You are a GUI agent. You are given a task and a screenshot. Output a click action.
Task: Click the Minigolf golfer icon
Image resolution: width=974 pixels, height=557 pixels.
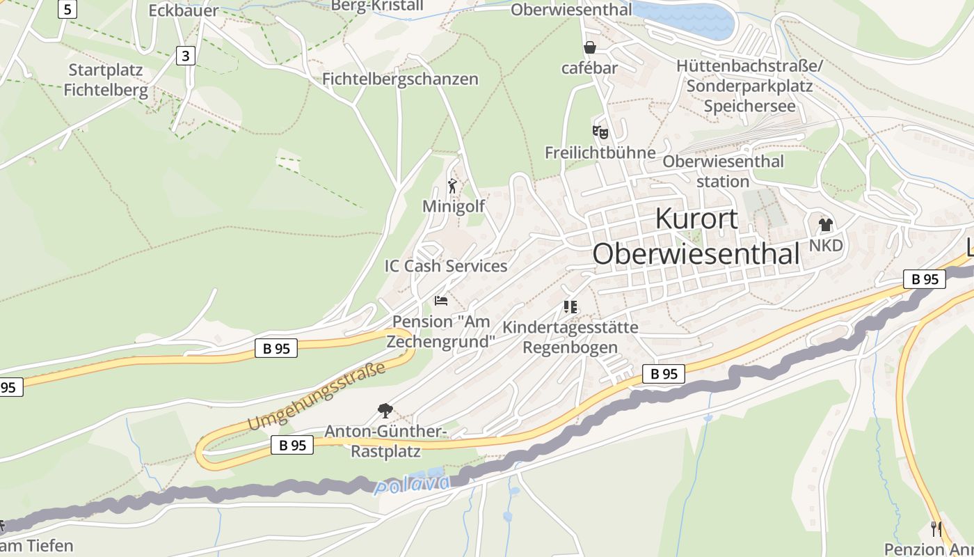point(453,186)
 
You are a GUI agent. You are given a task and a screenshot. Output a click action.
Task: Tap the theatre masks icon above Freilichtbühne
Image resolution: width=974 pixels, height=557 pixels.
point(600,132)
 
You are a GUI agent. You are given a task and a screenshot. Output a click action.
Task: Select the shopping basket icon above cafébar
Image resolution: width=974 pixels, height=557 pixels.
point(590,47)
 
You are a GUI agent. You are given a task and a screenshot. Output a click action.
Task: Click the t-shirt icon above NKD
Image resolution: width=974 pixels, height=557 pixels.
point(826,224)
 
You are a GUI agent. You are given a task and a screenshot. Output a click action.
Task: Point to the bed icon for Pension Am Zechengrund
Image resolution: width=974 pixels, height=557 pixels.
point(441,301)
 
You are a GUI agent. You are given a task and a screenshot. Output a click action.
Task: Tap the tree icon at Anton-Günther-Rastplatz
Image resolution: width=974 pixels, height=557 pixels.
point(384,410)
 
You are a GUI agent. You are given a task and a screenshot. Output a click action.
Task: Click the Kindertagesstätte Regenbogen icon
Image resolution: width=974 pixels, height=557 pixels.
point(570,306)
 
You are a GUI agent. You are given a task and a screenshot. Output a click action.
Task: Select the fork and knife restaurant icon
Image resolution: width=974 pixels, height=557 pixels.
point(936,529)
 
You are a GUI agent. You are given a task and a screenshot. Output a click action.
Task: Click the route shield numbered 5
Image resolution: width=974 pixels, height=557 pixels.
point(67,9)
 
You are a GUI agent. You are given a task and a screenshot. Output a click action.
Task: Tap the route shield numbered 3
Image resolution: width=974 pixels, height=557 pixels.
point(185,56)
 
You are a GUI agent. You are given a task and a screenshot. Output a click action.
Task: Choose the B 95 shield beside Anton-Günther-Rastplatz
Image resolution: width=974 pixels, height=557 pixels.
point(292,446)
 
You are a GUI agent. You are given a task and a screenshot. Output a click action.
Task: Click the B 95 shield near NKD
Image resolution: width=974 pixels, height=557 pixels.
point(925,279)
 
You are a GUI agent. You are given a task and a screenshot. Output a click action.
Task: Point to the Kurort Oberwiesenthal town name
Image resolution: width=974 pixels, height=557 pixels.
point(696,237)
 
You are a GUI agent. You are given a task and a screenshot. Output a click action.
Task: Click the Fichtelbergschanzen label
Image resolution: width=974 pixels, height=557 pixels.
point(400,79)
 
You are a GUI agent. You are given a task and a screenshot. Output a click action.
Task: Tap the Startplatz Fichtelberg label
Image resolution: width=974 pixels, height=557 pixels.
point(106,80)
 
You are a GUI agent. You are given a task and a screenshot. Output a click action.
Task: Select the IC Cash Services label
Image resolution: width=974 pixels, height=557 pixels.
point(446,266)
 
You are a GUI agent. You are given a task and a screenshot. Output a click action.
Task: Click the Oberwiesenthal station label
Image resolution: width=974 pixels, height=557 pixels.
point(723,171)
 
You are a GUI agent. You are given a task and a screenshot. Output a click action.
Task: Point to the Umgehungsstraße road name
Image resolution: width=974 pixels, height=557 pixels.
point(317,396)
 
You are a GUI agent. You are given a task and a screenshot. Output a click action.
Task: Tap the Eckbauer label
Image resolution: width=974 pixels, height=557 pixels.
point(184,10)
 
